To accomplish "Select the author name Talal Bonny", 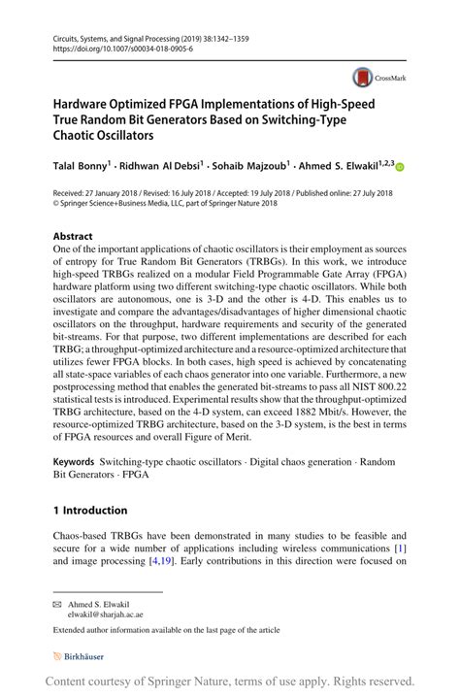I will tap(79, 167).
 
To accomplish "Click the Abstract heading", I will tap(73, 236).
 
